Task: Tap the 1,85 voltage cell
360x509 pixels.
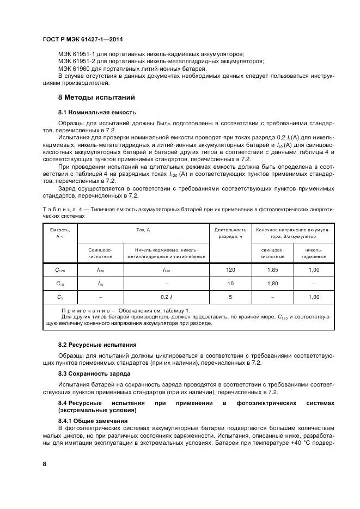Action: click(x=272, y=269)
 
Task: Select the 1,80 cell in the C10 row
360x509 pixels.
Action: click(x=272, y=284)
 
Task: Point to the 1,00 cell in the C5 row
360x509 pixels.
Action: click(x=314, y=297)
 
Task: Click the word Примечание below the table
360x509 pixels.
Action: click(x=82, y=309)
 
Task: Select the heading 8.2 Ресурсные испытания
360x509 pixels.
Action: click(x=97, y=345)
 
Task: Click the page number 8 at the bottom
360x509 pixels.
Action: click(x=45, y=463)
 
